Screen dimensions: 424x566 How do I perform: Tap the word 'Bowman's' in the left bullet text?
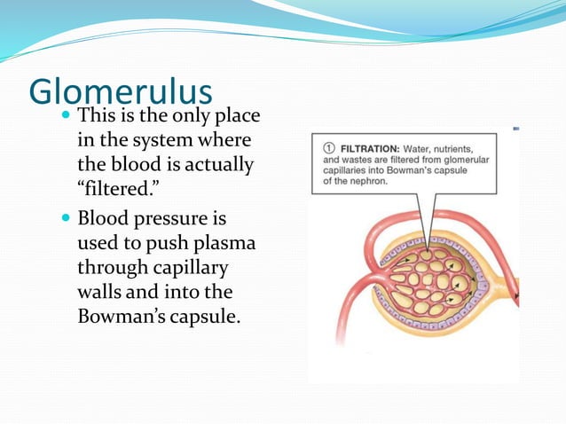(x=119, y=316)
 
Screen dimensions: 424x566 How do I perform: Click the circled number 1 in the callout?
(x=326, y=147)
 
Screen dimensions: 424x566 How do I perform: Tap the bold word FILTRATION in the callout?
(x=366, y=147)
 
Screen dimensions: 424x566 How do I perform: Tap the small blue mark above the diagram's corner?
(x=516, y=130)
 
